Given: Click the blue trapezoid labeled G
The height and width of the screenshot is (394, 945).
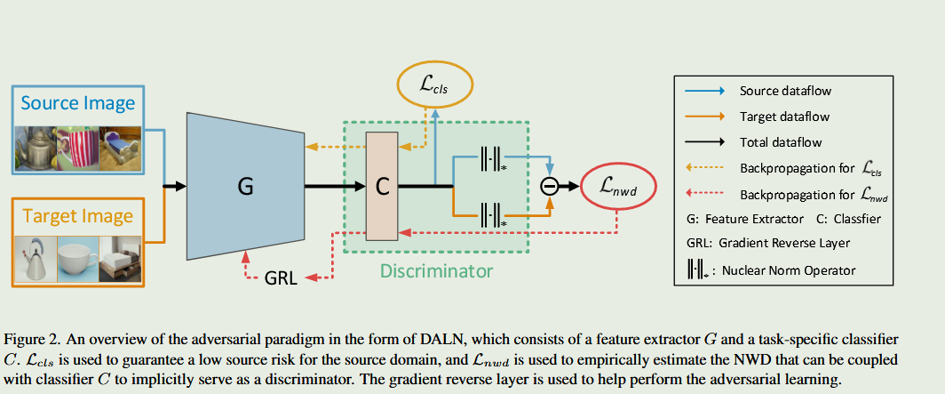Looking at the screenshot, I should click(x=245, y=188).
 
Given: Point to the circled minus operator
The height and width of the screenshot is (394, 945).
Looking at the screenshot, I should click(x=551, y=186).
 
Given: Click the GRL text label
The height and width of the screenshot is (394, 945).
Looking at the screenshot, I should click(x=283, y=278).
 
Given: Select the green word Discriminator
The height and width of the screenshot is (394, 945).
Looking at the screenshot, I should click(x=436, y=269).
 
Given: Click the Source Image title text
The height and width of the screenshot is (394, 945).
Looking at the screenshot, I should click(x=78, y=103).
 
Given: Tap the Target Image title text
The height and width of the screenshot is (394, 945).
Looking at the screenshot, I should click(x=78, y=216).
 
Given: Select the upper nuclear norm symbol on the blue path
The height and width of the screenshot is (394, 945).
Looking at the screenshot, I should click(x=491, y=160).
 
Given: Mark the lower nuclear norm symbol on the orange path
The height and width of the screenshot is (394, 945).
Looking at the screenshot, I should click(x=491, y=213).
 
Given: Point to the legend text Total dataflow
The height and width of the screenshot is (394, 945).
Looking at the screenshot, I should click(x=781, y=142).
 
